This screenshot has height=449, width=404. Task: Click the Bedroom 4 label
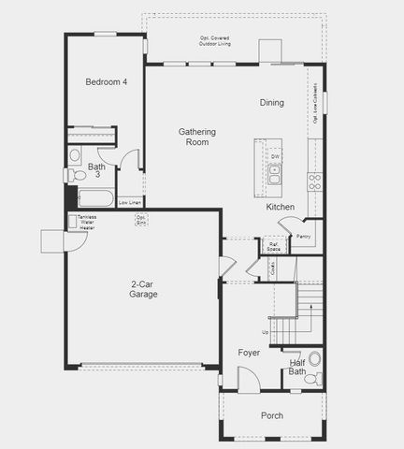point(106,82)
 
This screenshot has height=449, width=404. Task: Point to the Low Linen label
point(130,202)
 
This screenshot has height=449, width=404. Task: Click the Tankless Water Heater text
point(86,223)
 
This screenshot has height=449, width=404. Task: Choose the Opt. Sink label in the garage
point(141,221)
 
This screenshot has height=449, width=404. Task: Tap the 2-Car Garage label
point(143,289)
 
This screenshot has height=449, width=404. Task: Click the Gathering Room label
point(197,137)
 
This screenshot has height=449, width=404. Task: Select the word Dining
point(271,103)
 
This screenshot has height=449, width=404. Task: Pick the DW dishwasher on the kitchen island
point(275,156)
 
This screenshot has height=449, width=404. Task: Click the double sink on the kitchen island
point(274,173)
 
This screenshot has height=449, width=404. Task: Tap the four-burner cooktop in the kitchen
point(314,181)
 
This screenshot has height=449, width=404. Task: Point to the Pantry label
point(303,237)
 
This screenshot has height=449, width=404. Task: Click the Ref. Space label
point(273,247)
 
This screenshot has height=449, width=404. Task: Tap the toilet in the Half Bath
point(316,378)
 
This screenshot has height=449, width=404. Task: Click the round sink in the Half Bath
point(314,357)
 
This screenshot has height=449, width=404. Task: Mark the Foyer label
point(249,353)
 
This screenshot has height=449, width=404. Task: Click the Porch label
point(272,415)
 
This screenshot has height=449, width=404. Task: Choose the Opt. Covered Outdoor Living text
point(214,40)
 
